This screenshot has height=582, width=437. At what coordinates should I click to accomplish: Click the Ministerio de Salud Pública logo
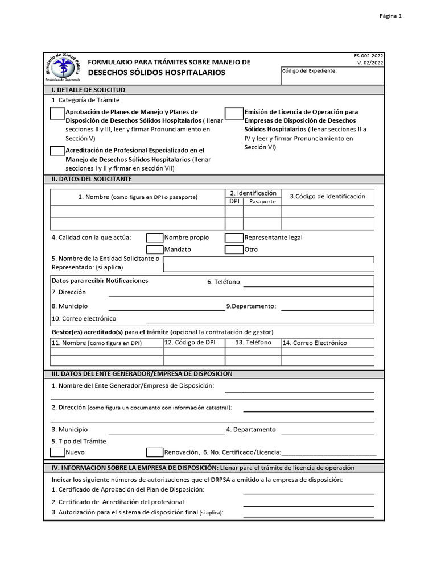[63, 68]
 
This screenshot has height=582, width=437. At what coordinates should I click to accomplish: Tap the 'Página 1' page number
[390, 16]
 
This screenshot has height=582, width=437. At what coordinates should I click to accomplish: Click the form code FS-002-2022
[369, 56]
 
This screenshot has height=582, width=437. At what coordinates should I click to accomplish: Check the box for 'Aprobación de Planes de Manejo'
[57, 114]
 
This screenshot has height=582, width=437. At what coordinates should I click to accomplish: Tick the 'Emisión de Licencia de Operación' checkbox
[234, 114]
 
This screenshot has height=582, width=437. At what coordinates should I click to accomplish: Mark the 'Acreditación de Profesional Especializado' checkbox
[57, 151]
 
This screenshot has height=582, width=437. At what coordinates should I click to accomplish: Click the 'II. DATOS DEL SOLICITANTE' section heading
[92, 179]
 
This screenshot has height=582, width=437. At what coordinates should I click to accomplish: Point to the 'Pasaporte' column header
[262, 202]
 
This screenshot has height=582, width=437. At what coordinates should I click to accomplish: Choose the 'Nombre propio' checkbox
[155, 238]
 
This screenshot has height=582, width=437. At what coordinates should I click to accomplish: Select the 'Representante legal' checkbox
[234, 238]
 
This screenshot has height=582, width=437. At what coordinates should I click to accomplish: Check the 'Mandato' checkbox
[155, 250]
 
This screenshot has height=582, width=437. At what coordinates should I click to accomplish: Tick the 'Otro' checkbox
[234, 250]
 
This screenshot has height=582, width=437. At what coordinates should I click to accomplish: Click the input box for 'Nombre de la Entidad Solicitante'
[269, 264]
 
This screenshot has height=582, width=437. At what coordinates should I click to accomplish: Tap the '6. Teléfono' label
[224, 282]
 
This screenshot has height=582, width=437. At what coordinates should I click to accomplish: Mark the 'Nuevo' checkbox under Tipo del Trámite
[57, 452]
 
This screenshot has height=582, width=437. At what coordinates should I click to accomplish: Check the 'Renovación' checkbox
[155, 452]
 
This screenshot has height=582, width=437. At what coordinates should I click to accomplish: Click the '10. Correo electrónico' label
[84, 319]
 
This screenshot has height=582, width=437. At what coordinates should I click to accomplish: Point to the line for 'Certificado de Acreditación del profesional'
[308, 505]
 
